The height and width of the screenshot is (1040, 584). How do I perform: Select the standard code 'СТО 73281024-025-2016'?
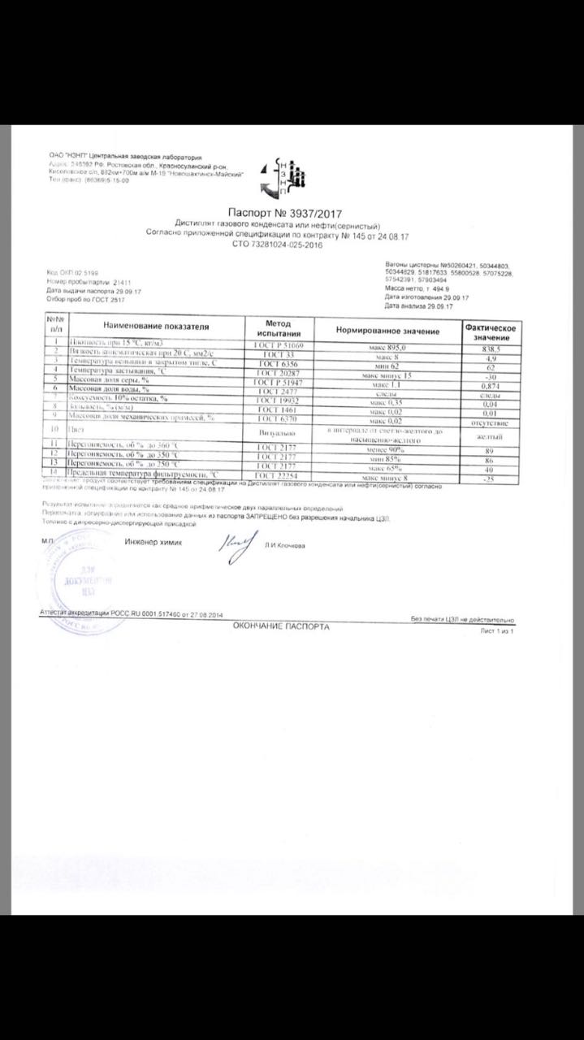click(x=278, y=243)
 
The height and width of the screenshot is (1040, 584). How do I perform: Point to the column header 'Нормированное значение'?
click(x=387, y=331)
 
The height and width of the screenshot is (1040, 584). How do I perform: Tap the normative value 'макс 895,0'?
click(x=386, y=347)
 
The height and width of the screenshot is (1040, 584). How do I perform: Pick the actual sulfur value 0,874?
click(x=491, y=387)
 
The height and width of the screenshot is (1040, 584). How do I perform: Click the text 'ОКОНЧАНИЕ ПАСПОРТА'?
click(x=281, y=626)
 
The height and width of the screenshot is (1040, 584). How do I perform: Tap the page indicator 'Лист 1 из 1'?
click(x=497, y=630)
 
